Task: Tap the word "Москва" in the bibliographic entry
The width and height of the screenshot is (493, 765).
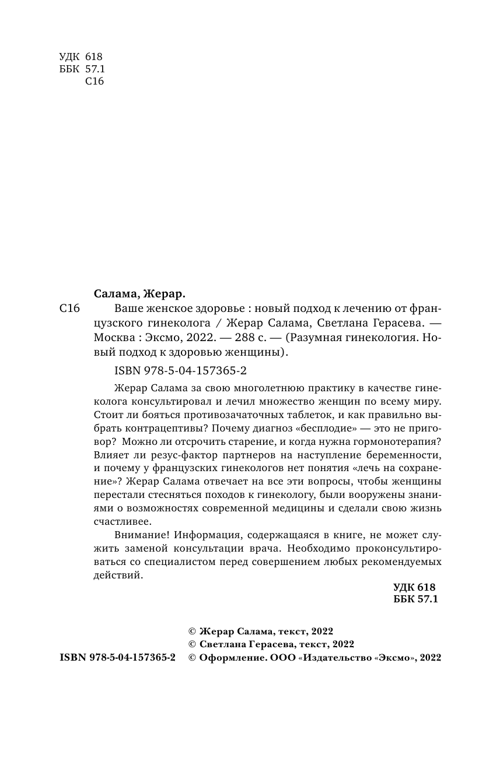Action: point(113,337)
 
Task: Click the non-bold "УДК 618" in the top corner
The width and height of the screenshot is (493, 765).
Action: point(81,57)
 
